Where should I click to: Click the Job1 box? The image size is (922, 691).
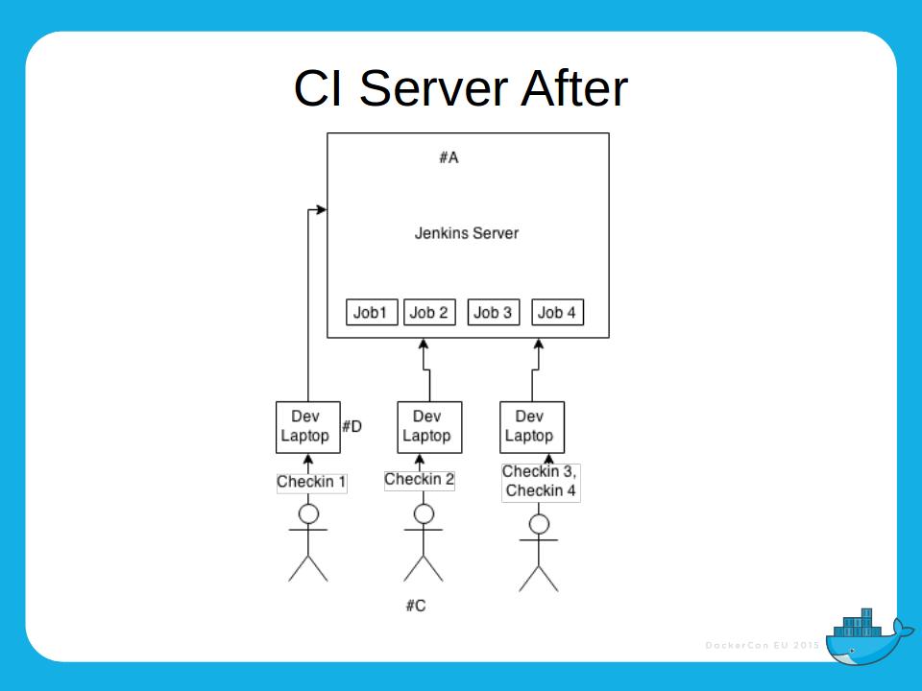pyautogui.click(x=371, y=313)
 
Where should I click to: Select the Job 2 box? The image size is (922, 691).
pyautogui.click(x=428, y=313)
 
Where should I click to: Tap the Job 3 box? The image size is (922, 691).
pyautogui.click(x=493, y=313)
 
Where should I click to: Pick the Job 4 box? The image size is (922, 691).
pyautogui.click(x=557, y=313)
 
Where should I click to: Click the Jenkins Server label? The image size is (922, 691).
pyautogui.click(x=467, y=233)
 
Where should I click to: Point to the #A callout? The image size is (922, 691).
pyautogui.click(x=449, y=158)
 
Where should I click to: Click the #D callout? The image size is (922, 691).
pyautogui.click(x=352, y=426)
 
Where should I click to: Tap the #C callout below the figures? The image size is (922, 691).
pyautogui.click(x=415, y=606)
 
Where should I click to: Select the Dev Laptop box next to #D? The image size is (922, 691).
pyautogui.click(x=307, y=426)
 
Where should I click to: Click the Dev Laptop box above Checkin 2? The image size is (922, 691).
pyautogui.click(x=428, y=426)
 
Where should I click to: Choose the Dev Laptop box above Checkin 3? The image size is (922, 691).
pyautogui.click(x=531, y=426)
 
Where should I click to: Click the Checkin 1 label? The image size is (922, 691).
pyautogui.click(x=311, y=482)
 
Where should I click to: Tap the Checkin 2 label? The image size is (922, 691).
pyautogui.click(x=420, y=480)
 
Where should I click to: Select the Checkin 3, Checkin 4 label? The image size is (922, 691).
pyautogui.click(x=540, y=482)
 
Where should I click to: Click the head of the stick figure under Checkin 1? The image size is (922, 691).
pyautogui.click(x=308, y=514)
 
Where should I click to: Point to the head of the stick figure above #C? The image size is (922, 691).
pyautogui.click(x=424, y=514)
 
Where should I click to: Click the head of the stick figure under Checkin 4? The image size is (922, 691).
pyautogui.click(x=539, y=524)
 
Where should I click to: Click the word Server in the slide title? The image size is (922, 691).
pyautogui.click(x=432, y=88)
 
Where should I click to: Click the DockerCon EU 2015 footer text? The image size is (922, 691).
pyautogui.click(x=762, y=645)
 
